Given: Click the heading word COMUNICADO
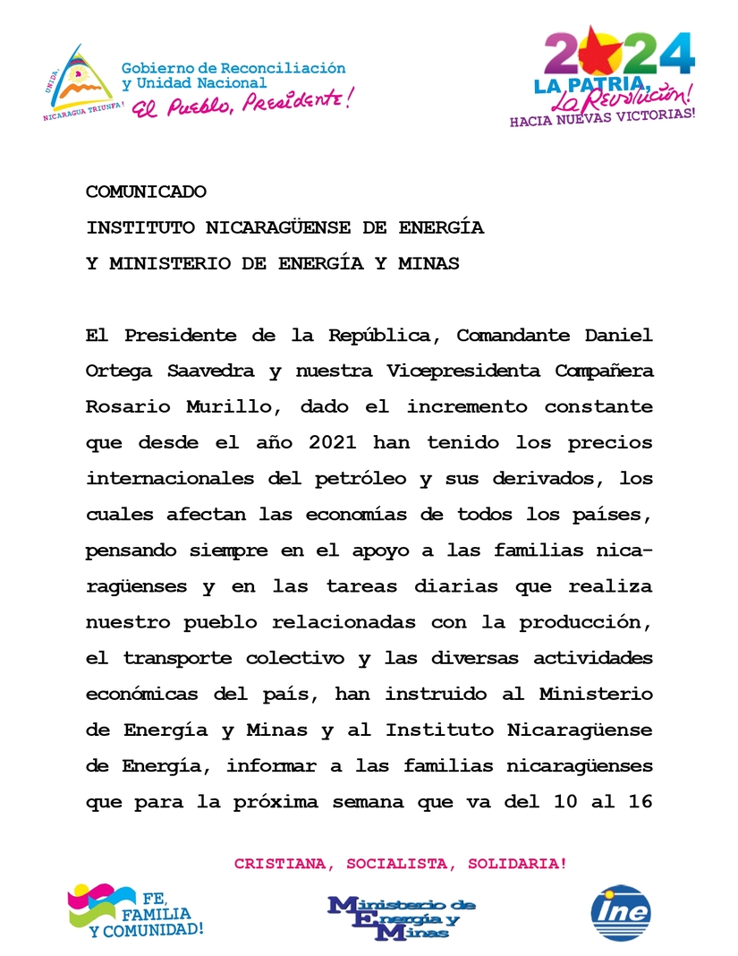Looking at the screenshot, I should pos(147,192).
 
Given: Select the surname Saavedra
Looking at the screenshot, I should pos(202,371).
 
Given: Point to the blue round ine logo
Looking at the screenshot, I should pos(621,913).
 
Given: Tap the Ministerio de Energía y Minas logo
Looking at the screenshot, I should pos(402,917).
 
